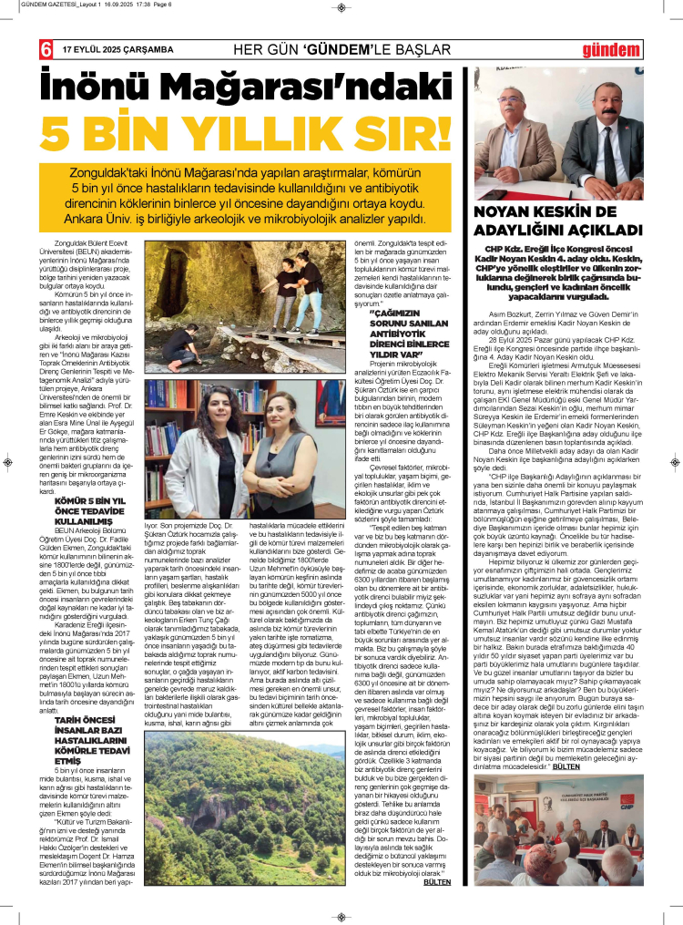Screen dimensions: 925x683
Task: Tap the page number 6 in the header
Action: [x=44, y=49]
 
